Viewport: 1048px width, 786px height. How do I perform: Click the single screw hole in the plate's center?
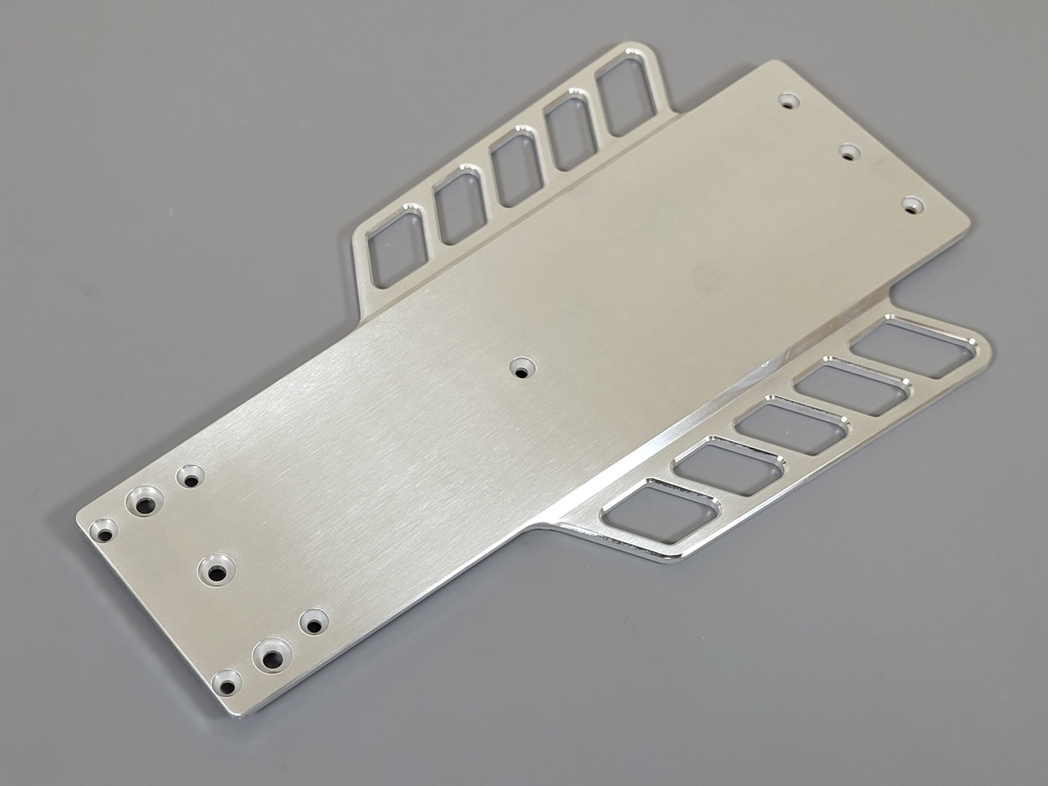(x=521, y=368)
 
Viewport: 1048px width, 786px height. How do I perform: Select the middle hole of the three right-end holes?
(x=849, y=152)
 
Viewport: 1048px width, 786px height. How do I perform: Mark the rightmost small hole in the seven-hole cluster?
(x=313, y=623)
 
